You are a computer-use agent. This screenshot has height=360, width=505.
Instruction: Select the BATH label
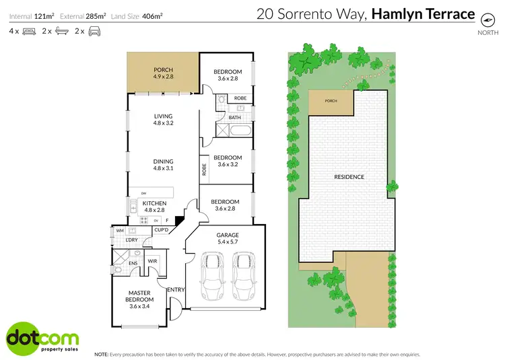coord(235,118)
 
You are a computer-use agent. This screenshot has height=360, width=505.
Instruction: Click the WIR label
coord(153,261)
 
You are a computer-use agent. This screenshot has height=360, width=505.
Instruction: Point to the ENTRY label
coord(176,290)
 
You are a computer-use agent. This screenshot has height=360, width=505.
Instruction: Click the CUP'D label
coord(161,230)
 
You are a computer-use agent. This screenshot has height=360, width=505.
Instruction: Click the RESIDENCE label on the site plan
coord(349,177)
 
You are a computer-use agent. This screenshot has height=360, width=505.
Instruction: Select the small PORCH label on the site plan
coord(331,102)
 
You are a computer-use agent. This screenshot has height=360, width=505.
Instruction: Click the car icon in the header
coord(94,32)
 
